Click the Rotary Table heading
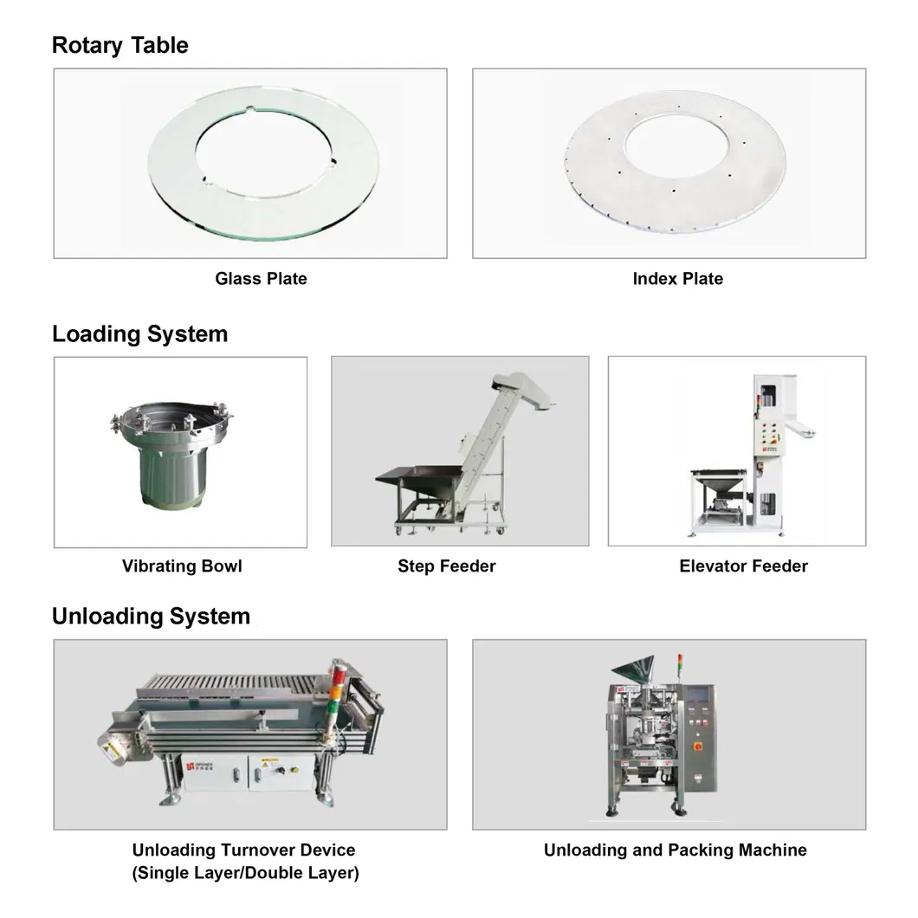point(120,45)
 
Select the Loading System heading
point(140,333)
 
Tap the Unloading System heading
point(151,616)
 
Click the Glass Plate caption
point(262,278)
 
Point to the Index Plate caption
point(678,278)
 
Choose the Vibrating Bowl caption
point(182,566)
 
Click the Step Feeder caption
point(447,566)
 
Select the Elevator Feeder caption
point(744,566)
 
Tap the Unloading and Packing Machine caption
point(675,850)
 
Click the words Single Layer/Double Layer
point(245,873)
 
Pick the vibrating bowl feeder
point(171,453)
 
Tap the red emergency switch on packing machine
point(698,747)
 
